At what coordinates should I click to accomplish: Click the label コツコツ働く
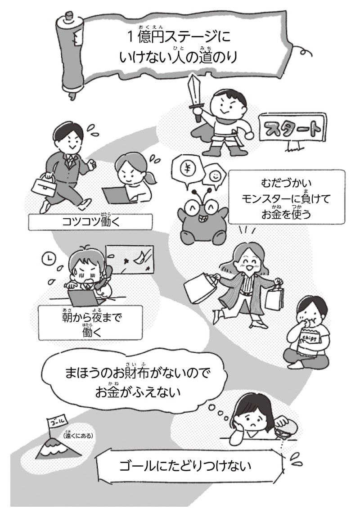90,221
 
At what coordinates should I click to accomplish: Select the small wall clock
47,258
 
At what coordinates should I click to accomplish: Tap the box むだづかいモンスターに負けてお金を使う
286,197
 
